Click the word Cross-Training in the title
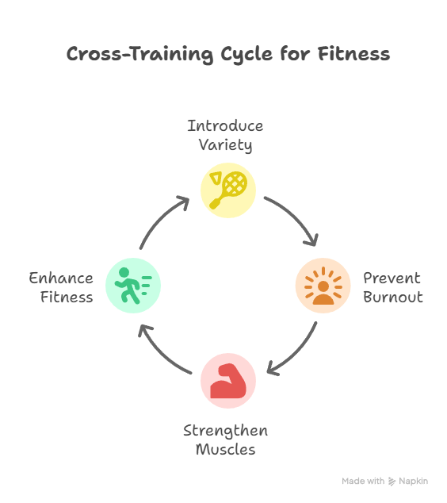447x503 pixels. tap(139, 54)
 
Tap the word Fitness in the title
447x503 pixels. tap(353, 54)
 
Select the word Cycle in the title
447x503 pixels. tap(246, 55)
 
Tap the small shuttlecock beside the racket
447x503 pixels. tap(216, 178)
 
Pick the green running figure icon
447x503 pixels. tap(132, 286)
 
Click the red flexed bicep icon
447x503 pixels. tap(227, 381)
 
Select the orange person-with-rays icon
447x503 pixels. tap(323, 286)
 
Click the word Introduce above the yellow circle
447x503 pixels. tap(225, 125)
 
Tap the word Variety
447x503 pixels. tap(225, 145)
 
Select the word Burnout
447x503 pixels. tap(393, 297)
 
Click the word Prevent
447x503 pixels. tap(392, 278)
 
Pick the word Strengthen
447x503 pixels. tap(225, 431)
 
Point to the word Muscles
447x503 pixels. tap(226, 449)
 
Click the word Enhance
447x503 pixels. tap(61, 278)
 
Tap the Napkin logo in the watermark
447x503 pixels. tap(392, 482)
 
